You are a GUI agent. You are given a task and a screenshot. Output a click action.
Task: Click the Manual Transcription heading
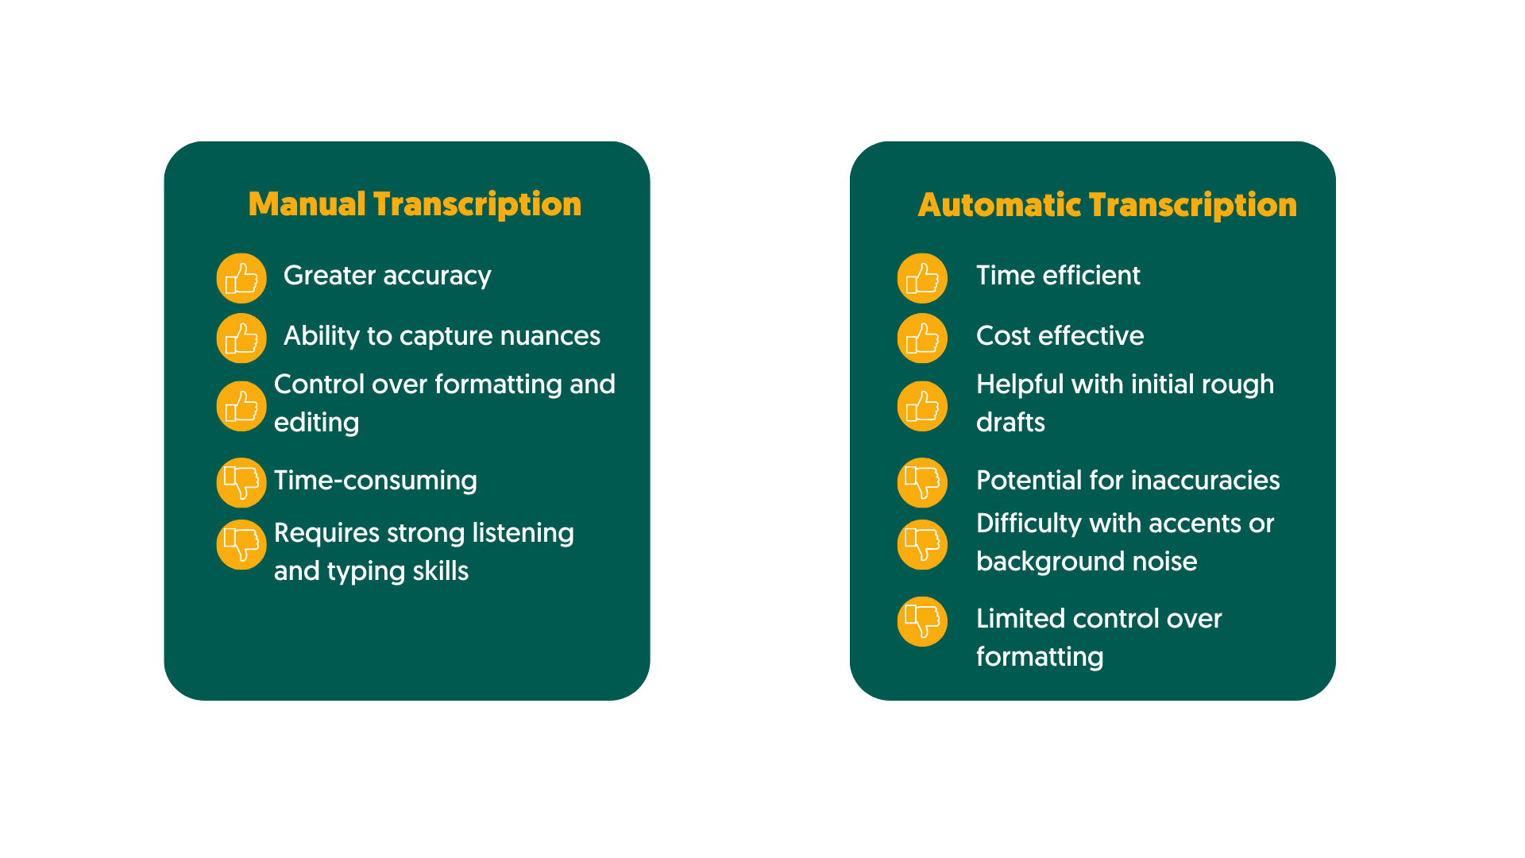point(415,204)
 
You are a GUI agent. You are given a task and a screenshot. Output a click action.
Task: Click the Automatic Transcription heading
point(1107,205)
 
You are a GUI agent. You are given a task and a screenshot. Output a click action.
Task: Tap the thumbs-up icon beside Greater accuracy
point(241,278)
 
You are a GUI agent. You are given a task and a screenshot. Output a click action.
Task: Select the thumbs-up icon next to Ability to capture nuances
point(241,338)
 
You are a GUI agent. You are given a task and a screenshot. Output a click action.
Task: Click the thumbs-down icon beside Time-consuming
point(241,482)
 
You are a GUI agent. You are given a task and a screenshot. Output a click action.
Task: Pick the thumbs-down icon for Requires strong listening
point(241,544)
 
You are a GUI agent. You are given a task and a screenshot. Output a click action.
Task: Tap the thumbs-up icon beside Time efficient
point(922,278)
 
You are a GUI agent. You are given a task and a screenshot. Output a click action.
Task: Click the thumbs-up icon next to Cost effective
point(922,338)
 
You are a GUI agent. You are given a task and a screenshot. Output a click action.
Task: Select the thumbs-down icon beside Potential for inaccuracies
point(922,482)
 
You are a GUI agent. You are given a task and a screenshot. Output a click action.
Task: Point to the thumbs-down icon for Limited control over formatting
point(922,621)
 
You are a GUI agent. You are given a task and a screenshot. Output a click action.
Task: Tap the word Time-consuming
point(375,481)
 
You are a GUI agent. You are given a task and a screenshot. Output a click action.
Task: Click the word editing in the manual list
point(316,423)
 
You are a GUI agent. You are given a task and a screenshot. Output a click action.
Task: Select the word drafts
point(1010,423)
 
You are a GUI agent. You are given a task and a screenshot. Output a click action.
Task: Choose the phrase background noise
point(1086,562)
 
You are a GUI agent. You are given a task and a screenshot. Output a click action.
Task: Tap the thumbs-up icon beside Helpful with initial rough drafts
point(922,406)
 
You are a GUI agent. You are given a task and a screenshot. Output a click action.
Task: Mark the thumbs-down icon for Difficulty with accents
point(922,544)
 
